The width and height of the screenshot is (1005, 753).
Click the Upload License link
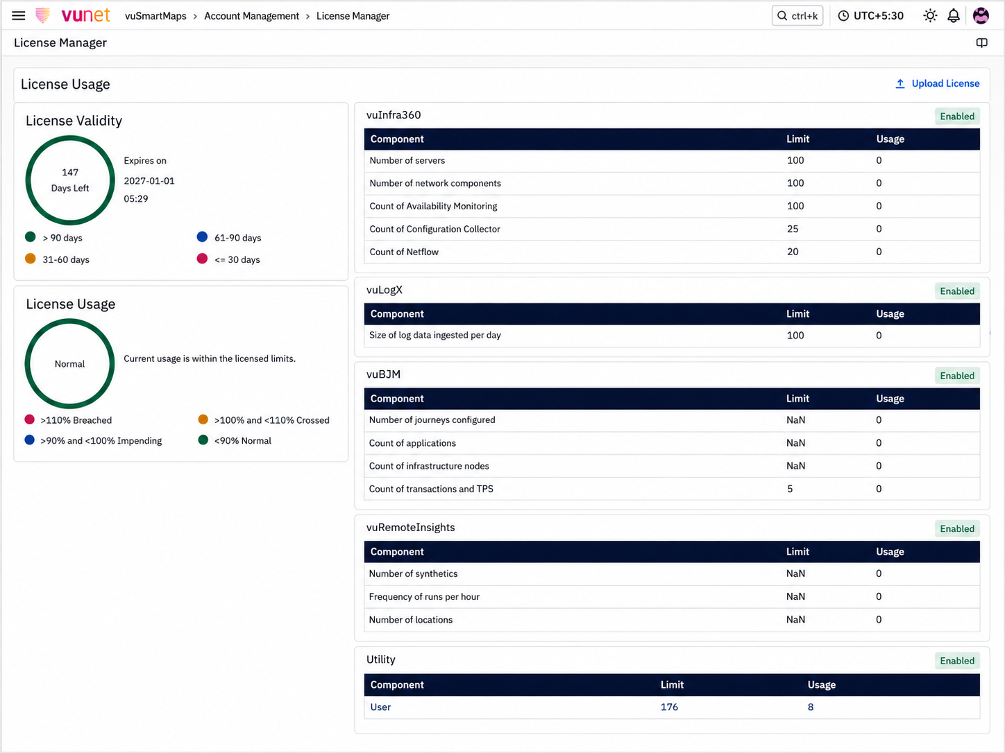pyautogui.click(x=937, y=84)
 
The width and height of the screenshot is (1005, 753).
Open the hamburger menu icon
pyautogui.click(x=18, y=16)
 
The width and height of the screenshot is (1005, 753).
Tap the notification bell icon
pyautogui.click(x=954, y=16)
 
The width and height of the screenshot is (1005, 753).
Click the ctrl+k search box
pyautogui.click(x=797, y=16)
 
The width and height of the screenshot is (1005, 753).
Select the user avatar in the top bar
pyautogui.click(x=981, y=16)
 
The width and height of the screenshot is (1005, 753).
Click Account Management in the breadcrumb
pyautogui.click(x=251, y=16)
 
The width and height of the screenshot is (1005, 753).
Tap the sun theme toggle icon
pyautogui.click(x=930, y=16)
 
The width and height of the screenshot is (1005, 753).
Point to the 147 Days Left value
pyautogui.click(x=70, y=180)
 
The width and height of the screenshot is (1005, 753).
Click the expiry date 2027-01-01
pyautogui.click(x=149, y=181)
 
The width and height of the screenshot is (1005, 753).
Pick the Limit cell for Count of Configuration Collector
pyautogui.click(x=793, y=229)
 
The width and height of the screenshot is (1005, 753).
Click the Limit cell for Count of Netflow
pyautogui.click(x=793, y=252)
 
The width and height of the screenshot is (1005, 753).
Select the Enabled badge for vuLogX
pyautogui.click(x=957, y=291)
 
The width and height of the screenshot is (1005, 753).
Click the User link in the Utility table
pyautogui.click(x=380, y=707)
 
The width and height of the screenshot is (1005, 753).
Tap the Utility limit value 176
pyautogui.click(x=669, y=707)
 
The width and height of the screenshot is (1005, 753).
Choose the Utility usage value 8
pyautogui.click(x=811, y=707)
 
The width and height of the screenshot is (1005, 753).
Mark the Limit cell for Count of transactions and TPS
pyautogui.click(x=790, y=490)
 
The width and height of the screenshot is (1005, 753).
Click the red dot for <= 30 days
pyautogui.click(x=202, y=259)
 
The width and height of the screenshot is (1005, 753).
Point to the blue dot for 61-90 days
pyautogui.click(x=202, y=237)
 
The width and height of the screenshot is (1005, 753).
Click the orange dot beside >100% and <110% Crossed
pyautogui.click(x=203, y=419)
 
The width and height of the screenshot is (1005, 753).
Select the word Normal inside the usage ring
pyautogui.click(x=69, y=364)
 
